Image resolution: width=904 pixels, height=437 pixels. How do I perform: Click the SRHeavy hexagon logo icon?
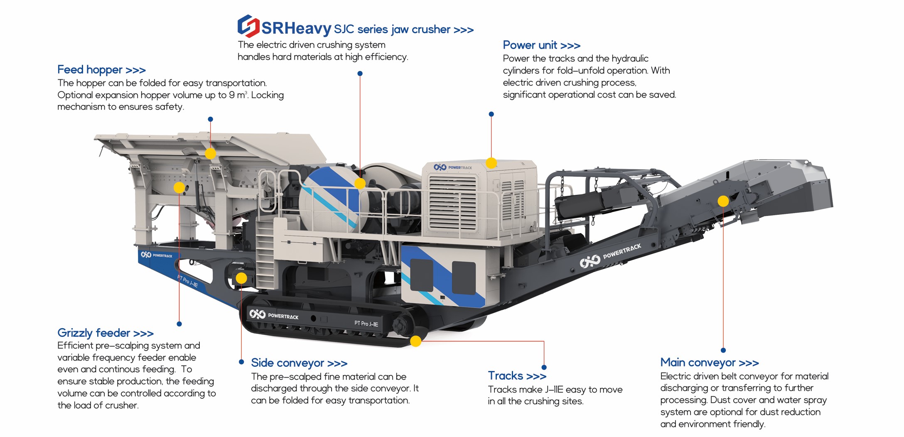[248, 26]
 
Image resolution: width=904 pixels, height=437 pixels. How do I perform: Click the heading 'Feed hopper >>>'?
[101, 70]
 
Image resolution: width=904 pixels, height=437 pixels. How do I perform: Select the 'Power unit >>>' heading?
[541, 45]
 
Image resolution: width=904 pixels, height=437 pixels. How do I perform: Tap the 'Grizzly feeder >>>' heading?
[106, 333]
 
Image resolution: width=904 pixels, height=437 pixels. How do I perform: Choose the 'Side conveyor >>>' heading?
[299, 363]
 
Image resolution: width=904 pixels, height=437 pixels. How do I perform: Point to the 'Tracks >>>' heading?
[517, 376]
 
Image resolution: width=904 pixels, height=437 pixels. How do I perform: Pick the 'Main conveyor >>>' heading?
[710, 363]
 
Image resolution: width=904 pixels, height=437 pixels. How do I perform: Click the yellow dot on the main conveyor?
[723, 201]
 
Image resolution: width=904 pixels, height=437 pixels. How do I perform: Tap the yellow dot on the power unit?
[491, 163]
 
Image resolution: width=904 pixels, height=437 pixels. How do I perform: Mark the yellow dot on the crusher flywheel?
[360, 183]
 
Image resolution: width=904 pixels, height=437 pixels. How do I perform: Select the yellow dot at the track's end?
[416, 341]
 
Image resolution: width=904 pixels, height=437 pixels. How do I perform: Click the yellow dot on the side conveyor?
[241, 278]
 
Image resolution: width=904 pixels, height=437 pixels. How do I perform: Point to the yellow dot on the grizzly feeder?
[179, 187]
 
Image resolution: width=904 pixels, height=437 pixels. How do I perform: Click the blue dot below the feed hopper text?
[211, 119]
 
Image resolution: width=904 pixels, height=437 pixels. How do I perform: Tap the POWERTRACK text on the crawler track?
[283, 316]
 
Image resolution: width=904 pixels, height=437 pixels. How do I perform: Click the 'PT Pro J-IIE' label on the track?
[366, 324]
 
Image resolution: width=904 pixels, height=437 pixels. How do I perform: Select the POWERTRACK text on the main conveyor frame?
[622, 251]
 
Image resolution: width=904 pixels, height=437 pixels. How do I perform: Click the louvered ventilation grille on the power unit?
[453, 204]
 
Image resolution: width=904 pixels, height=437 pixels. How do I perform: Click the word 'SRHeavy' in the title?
[296, 28]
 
